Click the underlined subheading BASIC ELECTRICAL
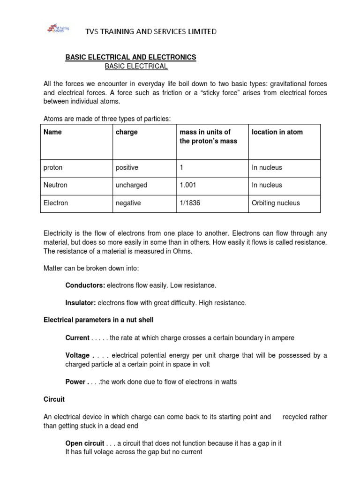(x=136, y=67)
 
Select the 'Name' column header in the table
(x=52, y=132)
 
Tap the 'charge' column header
(x=127, y=132)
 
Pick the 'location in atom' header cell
(x=277, y=132)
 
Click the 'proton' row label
(x=53, y=167)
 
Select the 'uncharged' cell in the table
(x=131, y=185)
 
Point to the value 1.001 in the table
(x=188, y=185)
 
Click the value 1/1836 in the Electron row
(x=190, y=203)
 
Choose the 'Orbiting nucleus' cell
(x=276, y=203)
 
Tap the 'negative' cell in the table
(x=128, y=203)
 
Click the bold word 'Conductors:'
(x=85, y=285)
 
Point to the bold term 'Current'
(x=77, y=338)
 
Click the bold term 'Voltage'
(x=77, y=355)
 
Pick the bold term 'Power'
(x=75, y=382)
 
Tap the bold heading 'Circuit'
(x=54, y=399)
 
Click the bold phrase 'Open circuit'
(x=84, y=443)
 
